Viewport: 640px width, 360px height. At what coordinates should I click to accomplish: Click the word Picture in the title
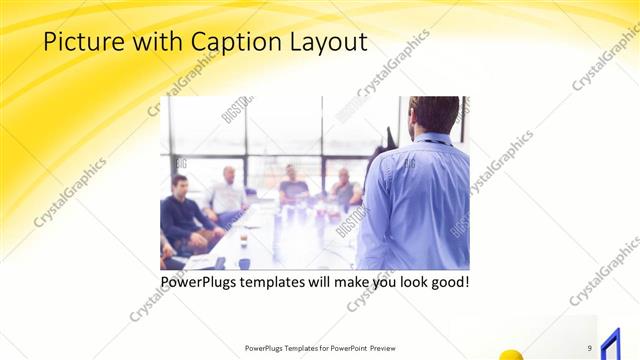pos(79,42)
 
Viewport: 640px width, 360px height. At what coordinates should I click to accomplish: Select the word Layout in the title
pos(328,42)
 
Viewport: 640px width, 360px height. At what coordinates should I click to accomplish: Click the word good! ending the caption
pos(446,283)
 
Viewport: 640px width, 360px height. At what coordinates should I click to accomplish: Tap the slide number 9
pos(590,348)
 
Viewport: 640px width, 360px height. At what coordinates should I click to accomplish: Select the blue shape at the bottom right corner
pos(607,343)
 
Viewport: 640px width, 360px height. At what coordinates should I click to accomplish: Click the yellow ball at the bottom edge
pos(512,354)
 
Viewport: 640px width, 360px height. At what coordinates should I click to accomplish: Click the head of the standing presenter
pos(434,117)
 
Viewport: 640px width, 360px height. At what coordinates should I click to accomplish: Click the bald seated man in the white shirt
pos(228,192)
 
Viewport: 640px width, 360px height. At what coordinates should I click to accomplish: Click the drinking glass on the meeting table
pos(243,239)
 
